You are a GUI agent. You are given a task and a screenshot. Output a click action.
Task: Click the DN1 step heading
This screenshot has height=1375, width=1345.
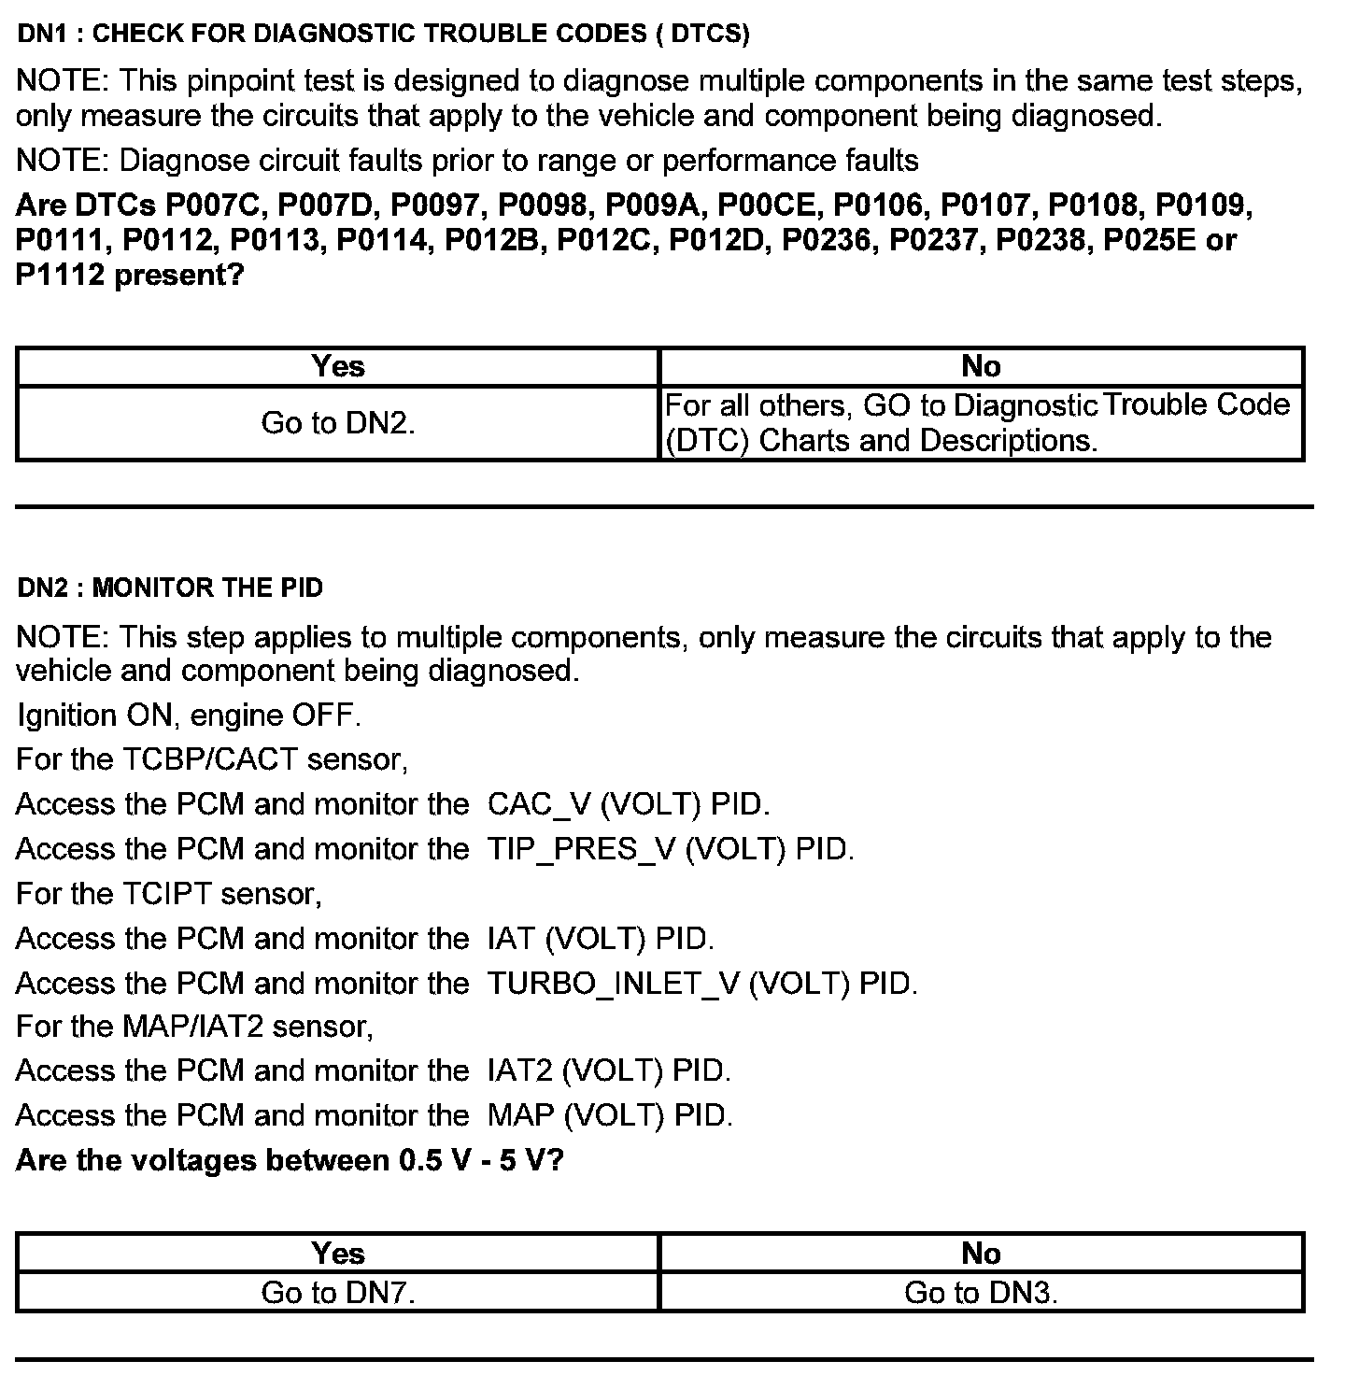tap(383, 35)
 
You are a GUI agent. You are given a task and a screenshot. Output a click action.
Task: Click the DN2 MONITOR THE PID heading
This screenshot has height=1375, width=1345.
tap(170, 588)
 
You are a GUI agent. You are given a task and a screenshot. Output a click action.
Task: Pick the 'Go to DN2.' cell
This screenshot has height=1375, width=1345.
tap(337, 423)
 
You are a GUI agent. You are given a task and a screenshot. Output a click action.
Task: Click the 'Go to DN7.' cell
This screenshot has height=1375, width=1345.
tap(337, 1293)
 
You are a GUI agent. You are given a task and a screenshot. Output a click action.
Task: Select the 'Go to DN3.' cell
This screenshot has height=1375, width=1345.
tap(981, 1293)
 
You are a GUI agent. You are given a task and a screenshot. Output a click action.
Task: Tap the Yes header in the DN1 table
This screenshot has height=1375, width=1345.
tap(337, 366)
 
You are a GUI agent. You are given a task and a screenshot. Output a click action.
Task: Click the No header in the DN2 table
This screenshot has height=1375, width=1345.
tap(981, 1254)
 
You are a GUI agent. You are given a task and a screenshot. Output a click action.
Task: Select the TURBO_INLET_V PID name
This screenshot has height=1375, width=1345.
tap(614, 984)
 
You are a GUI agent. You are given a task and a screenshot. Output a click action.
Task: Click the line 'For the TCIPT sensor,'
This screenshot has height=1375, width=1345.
tap(169, 894)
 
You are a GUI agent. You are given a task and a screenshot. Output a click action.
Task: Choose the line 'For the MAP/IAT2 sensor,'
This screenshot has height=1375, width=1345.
tap(194, 1027)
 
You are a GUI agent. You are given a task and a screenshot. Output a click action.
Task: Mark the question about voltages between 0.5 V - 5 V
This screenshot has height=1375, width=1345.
tap(290, 1160)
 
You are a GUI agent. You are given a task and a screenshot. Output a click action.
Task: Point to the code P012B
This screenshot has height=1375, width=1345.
tap(494, 241)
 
